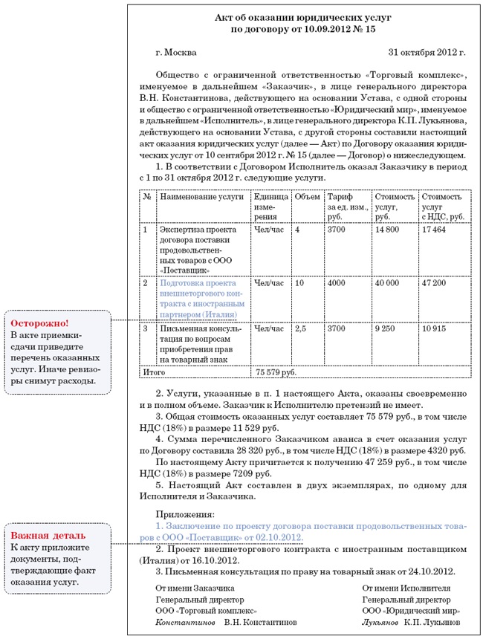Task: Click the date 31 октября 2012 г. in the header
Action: (427, 53)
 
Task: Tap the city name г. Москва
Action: (176, 53)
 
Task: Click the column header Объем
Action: (307, 198)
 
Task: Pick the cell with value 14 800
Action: (387, 230)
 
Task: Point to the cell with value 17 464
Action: (433, 230)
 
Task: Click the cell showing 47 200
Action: (433, 283)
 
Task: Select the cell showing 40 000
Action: (387, 283)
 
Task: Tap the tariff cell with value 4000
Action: (336, 283)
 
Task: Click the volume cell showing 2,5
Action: (300, 328)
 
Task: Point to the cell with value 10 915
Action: (433, 328)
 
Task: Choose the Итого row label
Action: (154, 372)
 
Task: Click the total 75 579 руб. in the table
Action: (276, 372)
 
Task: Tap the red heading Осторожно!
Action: (40, 323)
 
